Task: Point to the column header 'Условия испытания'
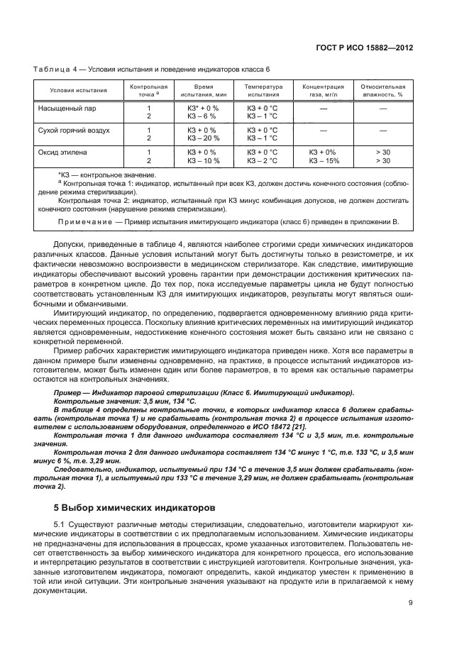[79, 90]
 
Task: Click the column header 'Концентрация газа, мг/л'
[323, 89]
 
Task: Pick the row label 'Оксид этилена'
[62, 153]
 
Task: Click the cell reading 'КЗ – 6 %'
[202, 116]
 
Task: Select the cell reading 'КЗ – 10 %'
[204, 160]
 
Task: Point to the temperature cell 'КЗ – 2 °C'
[262, 160]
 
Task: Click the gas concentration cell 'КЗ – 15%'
[323, 160]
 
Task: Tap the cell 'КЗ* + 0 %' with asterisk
[203, 109]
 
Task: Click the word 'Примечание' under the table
[90, 222]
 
